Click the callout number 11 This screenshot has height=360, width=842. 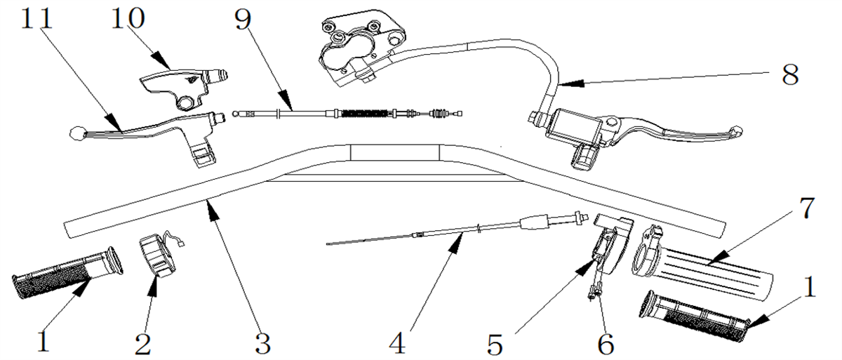tap(36, 18)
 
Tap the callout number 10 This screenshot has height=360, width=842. tap(128, 18)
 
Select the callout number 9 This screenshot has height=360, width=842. tap(243, 20)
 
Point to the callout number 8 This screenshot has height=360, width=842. tap(790, 75)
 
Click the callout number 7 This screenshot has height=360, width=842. tap(806, 208)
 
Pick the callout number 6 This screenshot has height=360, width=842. tap(606, 345)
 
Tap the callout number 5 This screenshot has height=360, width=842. tap(495, 345)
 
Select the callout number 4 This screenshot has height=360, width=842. tap(397, 343)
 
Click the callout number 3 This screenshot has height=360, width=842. tap(262, 343)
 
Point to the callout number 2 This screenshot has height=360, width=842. tap(143, 343)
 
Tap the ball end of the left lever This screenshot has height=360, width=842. tap(78, 133)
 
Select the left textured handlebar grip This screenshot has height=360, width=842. tap(67, 272)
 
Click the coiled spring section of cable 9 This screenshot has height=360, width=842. tap(365, 113)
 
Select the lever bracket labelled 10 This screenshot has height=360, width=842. tap(184, 87)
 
